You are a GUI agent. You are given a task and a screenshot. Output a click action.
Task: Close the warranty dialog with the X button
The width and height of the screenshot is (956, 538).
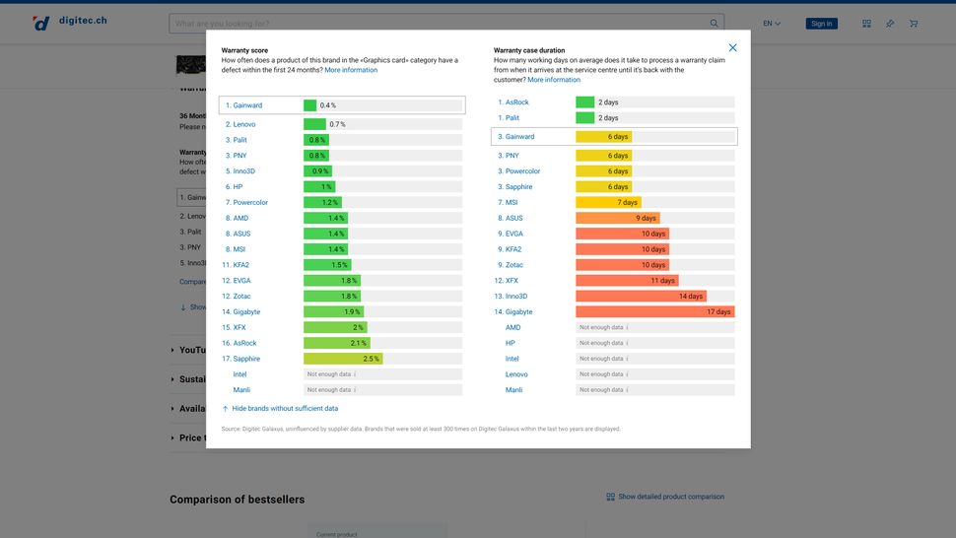[x=732, y=47]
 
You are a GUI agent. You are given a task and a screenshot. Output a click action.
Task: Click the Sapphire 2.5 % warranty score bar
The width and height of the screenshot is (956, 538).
[x=343, y=359]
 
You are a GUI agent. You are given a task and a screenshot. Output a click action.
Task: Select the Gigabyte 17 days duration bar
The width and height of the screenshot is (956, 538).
[x=654, y=311]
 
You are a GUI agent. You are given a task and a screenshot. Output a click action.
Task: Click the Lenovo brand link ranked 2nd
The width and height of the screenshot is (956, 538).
[x=243, y=124]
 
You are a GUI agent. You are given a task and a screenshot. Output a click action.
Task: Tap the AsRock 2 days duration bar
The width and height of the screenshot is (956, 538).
[x=585, y=102]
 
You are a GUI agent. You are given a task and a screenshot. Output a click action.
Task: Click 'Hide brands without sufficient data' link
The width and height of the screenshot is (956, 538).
[x=285, y=408]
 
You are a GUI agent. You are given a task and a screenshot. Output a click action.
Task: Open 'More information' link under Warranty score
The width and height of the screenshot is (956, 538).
[x=351, y=70]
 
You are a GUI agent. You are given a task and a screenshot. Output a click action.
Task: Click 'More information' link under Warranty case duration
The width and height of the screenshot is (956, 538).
[x=554, y=80]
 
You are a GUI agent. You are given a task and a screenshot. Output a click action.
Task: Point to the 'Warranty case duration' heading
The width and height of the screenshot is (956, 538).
[x=529, y=50]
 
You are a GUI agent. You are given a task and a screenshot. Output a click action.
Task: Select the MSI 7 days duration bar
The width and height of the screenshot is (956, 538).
[x=608, y=203]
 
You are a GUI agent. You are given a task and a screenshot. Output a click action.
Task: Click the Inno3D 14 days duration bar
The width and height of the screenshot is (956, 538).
[x=641, y=297]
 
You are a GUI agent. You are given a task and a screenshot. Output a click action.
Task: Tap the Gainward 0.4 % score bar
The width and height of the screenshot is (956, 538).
[x=310, y=105]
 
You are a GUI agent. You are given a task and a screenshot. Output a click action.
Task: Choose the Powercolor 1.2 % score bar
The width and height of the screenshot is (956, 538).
[x=321, y=203]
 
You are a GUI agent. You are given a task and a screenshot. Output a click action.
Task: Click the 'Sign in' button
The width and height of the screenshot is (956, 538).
[x=821, y=24]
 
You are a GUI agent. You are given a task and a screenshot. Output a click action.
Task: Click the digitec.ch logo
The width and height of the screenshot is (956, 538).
[x=69, y=22]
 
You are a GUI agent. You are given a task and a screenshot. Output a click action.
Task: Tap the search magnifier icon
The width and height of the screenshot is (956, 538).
[x=714, y=24]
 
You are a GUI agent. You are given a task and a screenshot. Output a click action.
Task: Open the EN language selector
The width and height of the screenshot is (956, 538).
[x=772, y=24]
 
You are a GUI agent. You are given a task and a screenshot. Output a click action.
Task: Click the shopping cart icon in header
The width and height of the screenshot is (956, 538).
[x=914, y=24]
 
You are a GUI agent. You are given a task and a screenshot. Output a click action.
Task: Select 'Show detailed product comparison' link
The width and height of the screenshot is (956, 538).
[x=665, y=497]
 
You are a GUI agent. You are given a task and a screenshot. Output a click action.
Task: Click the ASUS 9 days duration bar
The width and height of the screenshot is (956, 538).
[x=617, y=219]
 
